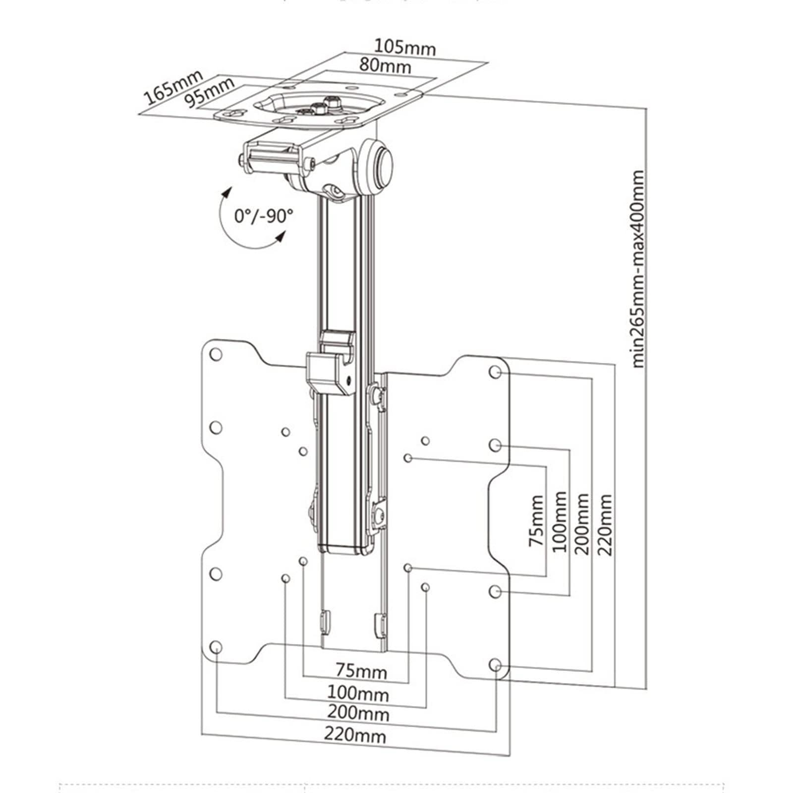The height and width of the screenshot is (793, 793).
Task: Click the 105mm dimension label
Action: tap(404, 48)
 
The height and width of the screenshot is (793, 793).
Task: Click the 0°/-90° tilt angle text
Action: tap(264, 216)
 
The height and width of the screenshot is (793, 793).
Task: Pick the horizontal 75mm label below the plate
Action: tap(361, 672)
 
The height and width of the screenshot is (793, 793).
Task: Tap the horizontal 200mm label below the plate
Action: tap(358, 713)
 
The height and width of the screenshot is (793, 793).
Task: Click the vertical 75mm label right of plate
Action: tap(536, 521)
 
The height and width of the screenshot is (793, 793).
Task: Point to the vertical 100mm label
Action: tap(560, 522)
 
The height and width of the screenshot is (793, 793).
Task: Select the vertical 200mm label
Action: tap(583, 523)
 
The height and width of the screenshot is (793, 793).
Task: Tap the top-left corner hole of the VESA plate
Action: tap(216, 354)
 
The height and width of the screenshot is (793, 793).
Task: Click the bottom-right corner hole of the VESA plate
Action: tap(495, 665)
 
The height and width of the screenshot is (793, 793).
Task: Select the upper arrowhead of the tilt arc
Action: tap(227, 192)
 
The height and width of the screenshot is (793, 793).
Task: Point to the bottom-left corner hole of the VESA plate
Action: tap(216, 647)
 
